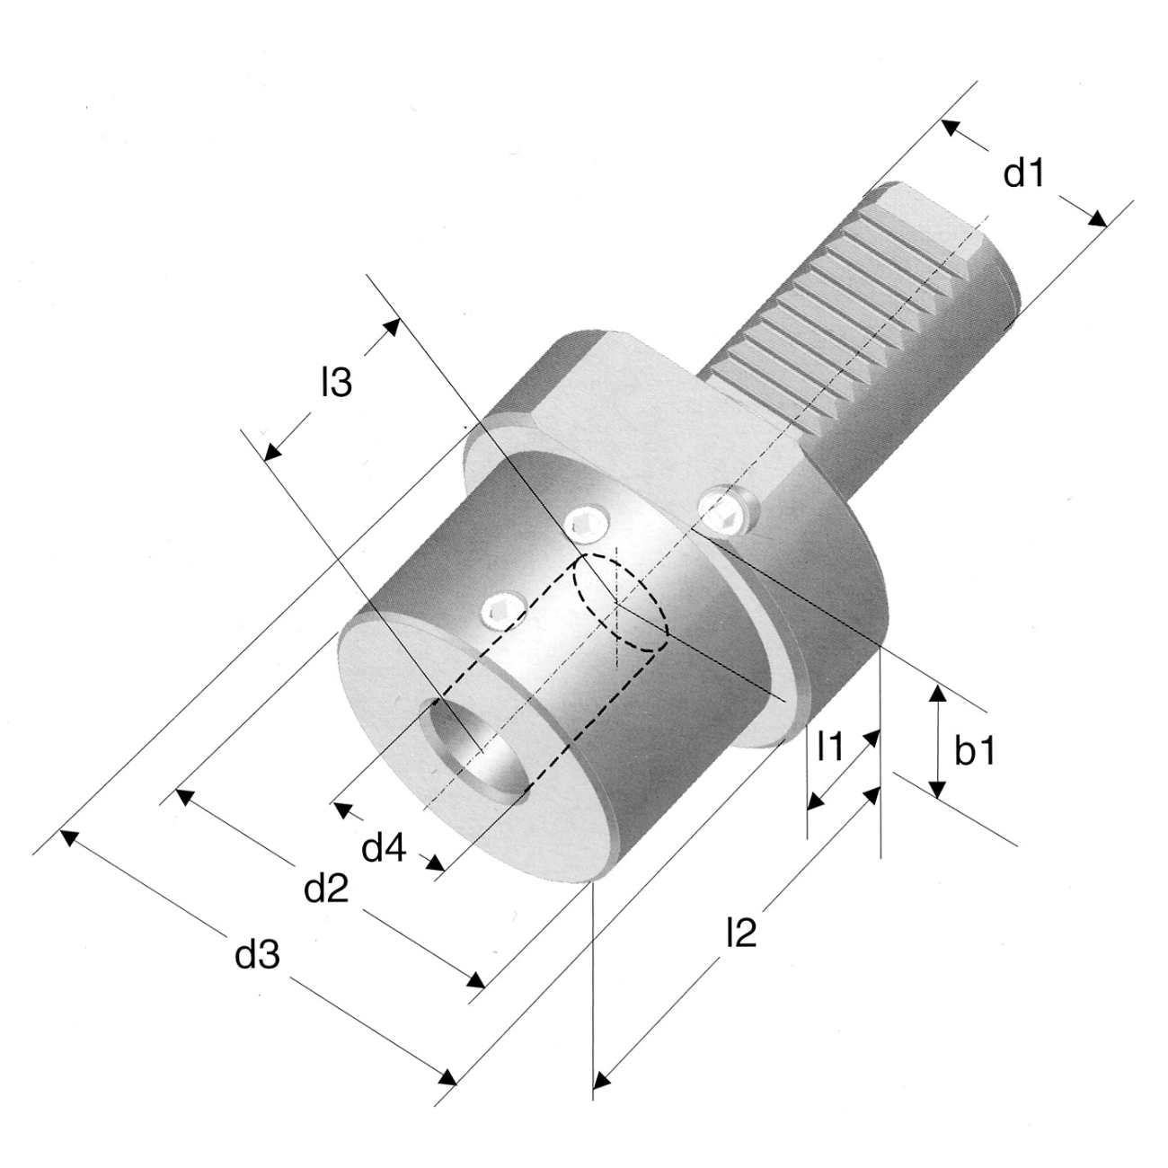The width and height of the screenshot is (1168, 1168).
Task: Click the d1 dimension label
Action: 1023,173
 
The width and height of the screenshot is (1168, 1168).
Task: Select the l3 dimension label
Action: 337,383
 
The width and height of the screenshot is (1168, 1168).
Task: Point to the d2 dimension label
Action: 327,889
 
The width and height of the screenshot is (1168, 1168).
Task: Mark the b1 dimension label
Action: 975,752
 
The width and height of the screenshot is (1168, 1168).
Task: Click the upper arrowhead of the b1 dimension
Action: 938,694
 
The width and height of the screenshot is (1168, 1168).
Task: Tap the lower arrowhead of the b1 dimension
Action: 938,788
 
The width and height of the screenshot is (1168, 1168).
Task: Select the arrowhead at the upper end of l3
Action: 392,327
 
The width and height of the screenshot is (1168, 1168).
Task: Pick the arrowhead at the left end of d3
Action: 68,837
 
